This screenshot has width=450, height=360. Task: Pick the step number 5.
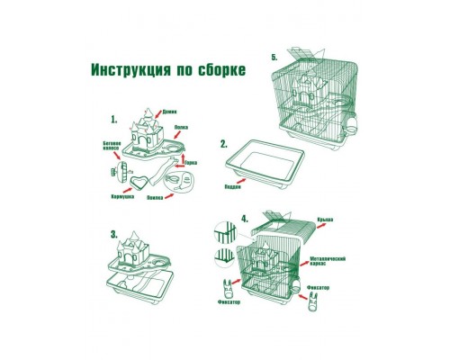(275, 57)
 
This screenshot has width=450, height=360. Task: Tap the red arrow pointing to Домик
(159, 115)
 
